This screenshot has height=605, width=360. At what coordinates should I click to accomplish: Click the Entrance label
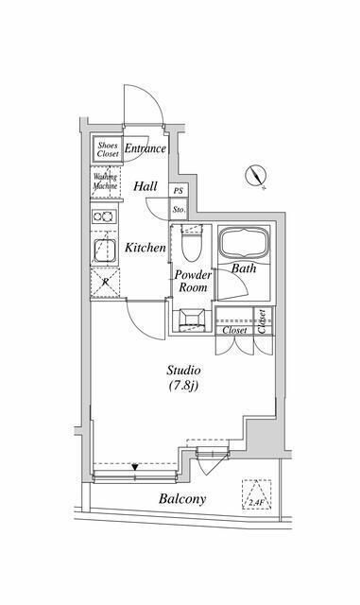pos(145,149)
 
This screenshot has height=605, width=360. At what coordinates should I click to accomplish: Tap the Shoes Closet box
pos(107,150)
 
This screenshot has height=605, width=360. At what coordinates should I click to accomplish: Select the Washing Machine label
pos(105,181)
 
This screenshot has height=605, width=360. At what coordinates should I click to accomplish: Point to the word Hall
pos(145,187)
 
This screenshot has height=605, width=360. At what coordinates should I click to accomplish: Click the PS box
pos(178,190)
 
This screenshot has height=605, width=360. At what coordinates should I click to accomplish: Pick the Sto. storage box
pos(178,209)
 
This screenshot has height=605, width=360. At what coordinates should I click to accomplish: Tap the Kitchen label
pos(146,248)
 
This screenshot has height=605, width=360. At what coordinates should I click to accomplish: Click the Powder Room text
pos(193,281)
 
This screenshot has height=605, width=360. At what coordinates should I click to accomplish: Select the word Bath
pos(245,268)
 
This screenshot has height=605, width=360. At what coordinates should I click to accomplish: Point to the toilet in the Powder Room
pos(190,248)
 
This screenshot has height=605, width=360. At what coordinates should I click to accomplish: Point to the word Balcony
pos(182,499)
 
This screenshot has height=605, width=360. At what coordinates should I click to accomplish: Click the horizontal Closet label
pos(234,330)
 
